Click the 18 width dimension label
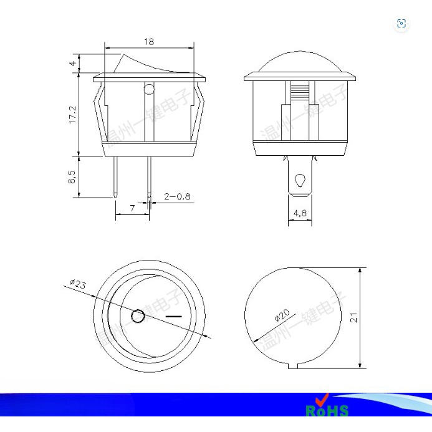point(149,41)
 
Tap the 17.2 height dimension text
point(72,115)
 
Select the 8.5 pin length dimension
point(72,177)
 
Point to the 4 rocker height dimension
point(73,63)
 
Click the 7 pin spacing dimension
point(132,208)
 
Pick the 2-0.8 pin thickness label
point(177,196)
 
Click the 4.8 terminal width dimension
point(300,213)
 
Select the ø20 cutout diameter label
point(282,316)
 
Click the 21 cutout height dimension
point(353,317)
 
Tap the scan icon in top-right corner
point(401,24)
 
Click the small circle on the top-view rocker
point(138,316)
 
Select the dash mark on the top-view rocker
point(174,317)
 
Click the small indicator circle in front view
point(148,89)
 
